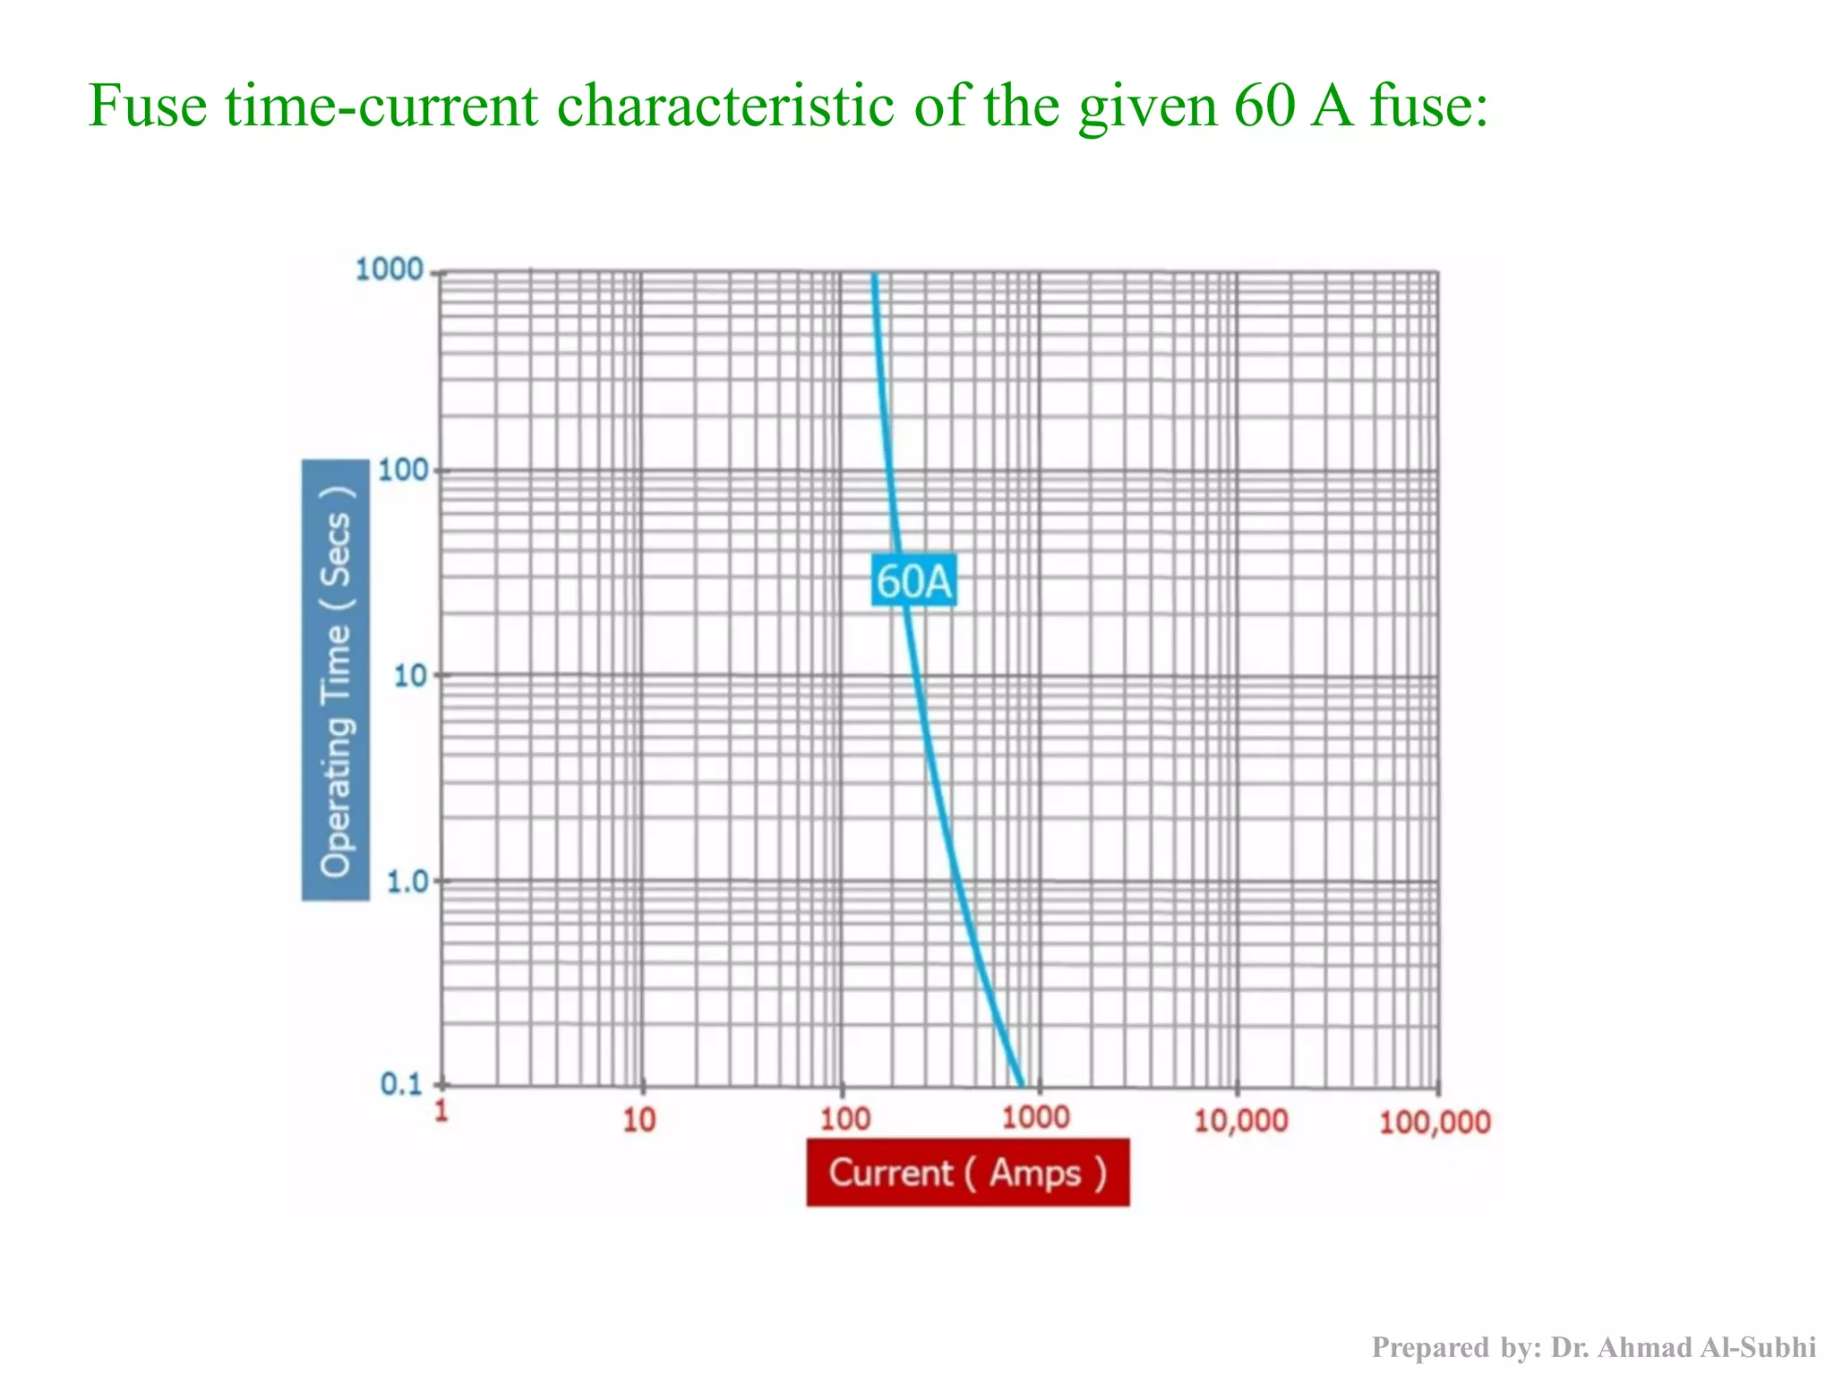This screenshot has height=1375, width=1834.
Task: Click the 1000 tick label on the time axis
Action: tap(389, 269)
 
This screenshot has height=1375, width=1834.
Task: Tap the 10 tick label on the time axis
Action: tap(409, 676)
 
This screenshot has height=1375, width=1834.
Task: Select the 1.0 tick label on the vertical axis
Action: tap(406, 883)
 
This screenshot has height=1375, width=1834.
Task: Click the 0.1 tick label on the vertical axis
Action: tap(400, 1084)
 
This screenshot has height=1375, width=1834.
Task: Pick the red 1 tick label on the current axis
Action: tap(441, 1111)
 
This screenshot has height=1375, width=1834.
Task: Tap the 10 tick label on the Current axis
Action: tap(638, 1119)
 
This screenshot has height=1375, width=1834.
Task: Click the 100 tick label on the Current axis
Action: tap(844, 1119)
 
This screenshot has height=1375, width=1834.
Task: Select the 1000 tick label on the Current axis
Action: tap(1035, 1117)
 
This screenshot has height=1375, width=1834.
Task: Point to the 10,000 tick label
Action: tap(1240, 1120)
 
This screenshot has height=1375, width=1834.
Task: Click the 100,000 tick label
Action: tap(1435, 1122)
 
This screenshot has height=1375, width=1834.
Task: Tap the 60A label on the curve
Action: tap(913, 581)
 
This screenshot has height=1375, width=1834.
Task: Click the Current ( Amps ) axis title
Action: tap(967, 1173)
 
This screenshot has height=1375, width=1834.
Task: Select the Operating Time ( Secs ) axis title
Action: tap(336, 680)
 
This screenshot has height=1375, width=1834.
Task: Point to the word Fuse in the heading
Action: tap(148, 106)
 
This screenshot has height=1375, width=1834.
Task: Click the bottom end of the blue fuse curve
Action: tap(1022, 1083)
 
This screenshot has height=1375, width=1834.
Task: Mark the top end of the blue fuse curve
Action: tap(874, 276)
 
